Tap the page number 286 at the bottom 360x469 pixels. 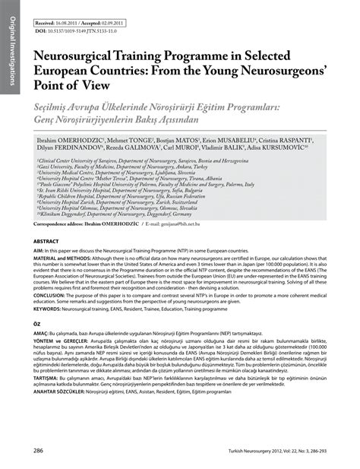(x=38, y=450)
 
